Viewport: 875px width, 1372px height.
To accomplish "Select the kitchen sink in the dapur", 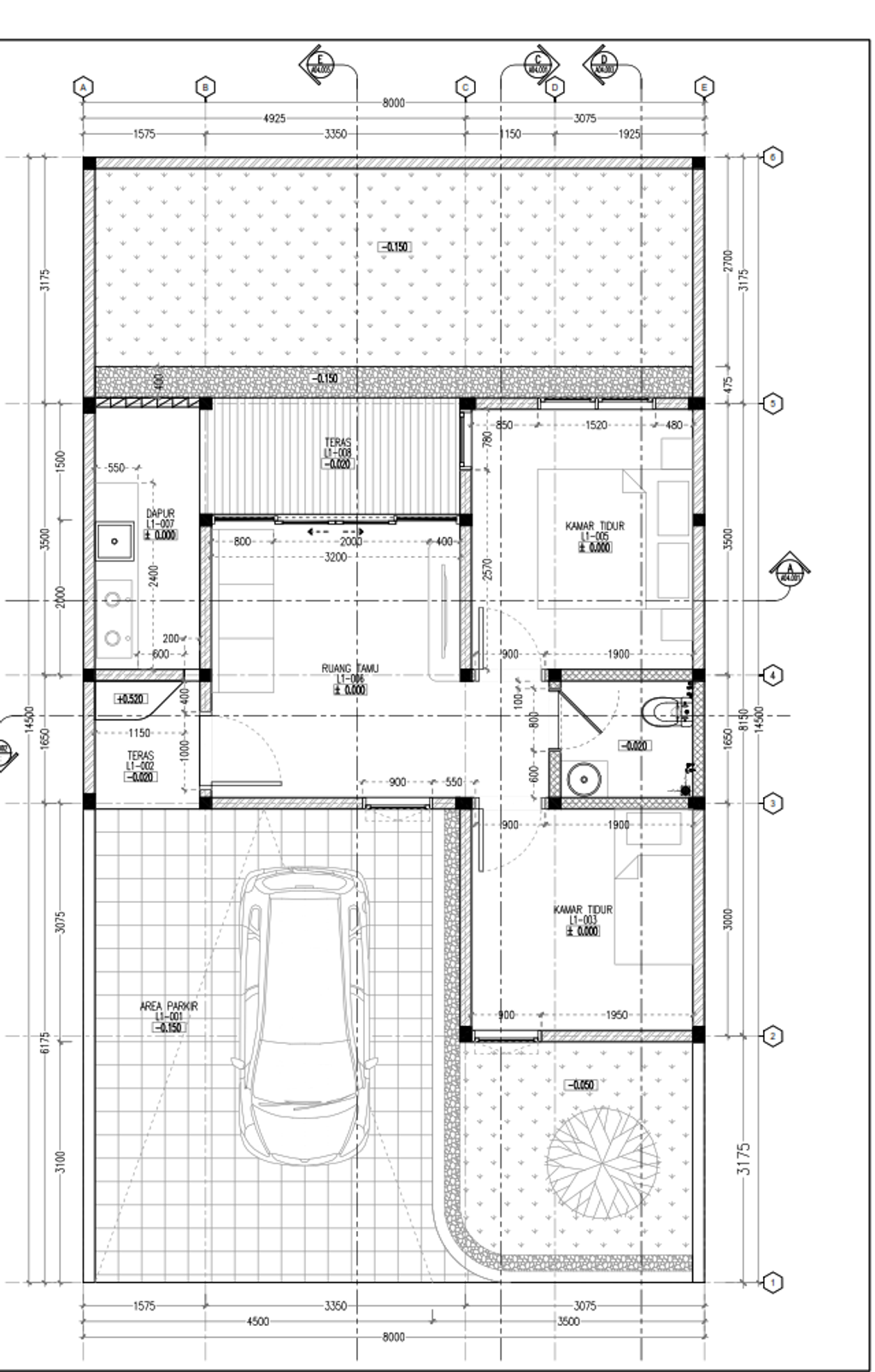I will [114, 541].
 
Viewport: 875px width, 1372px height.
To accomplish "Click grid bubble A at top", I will [83, 87].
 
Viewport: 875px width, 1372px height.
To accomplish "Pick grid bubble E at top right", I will [705, 87].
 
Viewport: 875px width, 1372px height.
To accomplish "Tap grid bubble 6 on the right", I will [772, 157].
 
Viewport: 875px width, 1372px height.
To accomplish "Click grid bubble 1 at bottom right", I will [772, 1282].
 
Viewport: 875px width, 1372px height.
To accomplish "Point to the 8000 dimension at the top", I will [393, 103].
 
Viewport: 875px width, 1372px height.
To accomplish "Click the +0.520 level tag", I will [132, 699].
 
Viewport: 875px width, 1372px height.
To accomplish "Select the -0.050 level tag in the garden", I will [581, 1085].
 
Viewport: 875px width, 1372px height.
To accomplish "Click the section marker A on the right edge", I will [790, 572].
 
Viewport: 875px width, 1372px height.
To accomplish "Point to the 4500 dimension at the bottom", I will [257, 1321].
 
